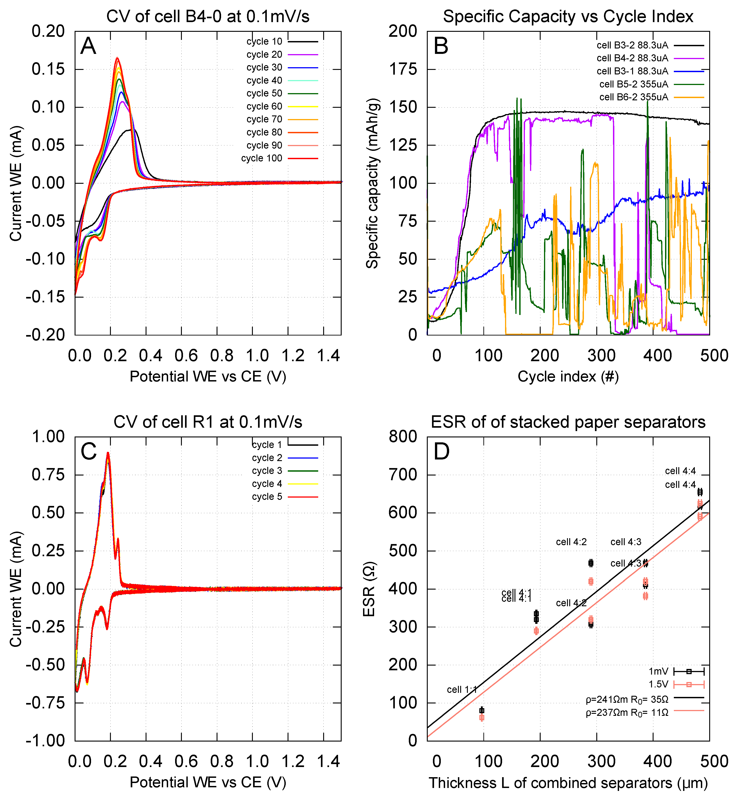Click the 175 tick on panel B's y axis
403,69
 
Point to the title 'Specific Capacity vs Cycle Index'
568,17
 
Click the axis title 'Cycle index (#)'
568,376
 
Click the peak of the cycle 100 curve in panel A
117,58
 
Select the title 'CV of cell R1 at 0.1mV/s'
208,422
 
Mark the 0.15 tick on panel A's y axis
48,69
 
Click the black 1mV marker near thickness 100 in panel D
482,710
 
